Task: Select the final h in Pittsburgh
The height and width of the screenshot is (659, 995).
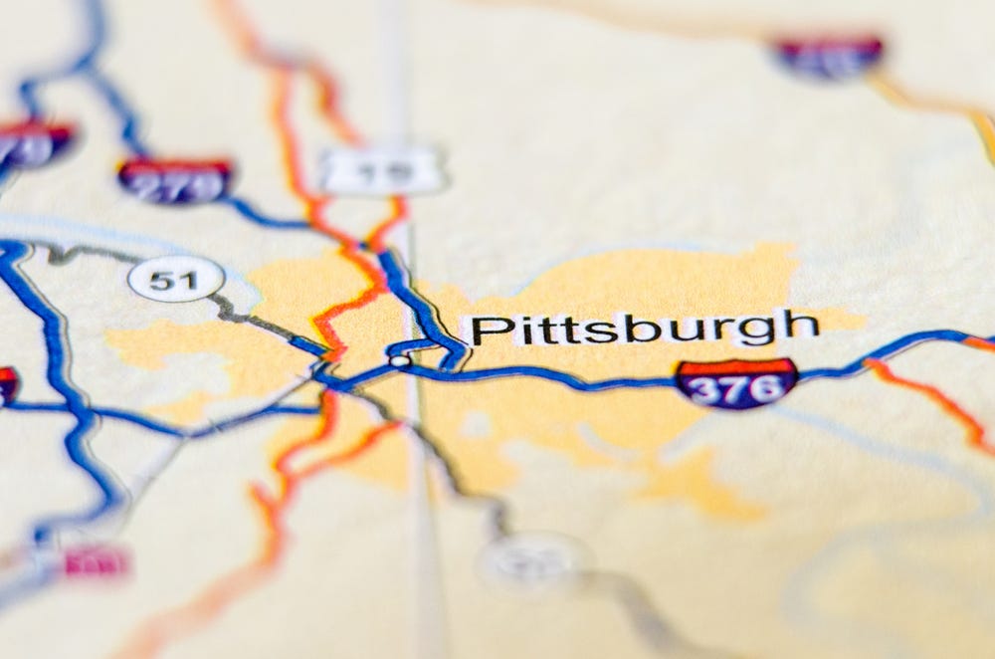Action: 802,326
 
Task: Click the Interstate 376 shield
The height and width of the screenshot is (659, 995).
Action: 736,382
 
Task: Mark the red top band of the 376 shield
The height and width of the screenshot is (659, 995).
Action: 736,366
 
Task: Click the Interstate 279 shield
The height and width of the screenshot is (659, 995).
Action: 175,179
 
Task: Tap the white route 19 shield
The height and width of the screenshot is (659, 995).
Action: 382,171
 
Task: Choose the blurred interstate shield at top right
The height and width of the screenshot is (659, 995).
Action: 828,55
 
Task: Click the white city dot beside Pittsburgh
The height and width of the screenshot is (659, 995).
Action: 399,360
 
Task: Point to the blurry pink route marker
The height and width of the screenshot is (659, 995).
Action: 97,563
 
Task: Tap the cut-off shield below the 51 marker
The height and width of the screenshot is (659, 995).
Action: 6,386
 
